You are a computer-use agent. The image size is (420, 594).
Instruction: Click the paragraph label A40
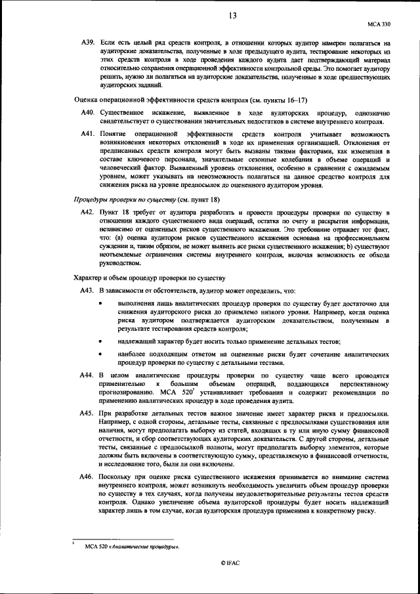tap(87, 114)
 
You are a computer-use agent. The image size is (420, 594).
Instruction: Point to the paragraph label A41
tap(87, 134)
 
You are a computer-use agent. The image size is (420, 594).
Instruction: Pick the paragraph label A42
tap(87, 213)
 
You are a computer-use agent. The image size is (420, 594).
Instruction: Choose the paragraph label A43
tap(87, 291)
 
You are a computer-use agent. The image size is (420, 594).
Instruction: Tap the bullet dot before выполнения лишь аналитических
tap(100, 304)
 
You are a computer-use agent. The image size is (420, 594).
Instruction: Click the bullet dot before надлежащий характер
tap(100, 341)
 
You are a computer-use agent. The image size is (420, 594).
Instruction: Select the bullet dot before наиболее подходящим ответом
tap(100, 354)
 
